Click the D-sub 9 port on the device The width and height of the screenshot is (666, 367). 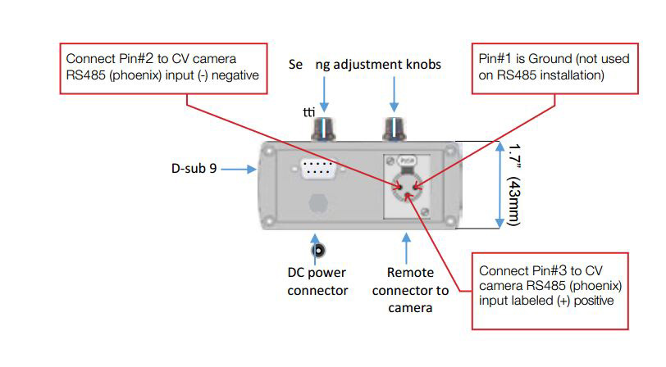point(315,170)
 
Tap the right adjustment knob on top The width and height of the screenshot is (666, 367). point(395,129)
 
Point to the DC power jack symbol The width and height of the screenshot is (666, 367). point(317,251)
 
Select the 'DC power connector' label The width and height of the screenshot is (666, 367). point(317,283)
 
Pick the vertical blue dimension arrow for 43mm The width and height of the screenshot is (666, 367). point(499,185)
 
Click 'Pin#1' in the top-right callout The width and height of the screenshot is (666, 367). point(497,60)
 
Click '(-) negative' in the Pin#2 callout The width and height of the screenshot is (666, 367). point(232,76)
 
